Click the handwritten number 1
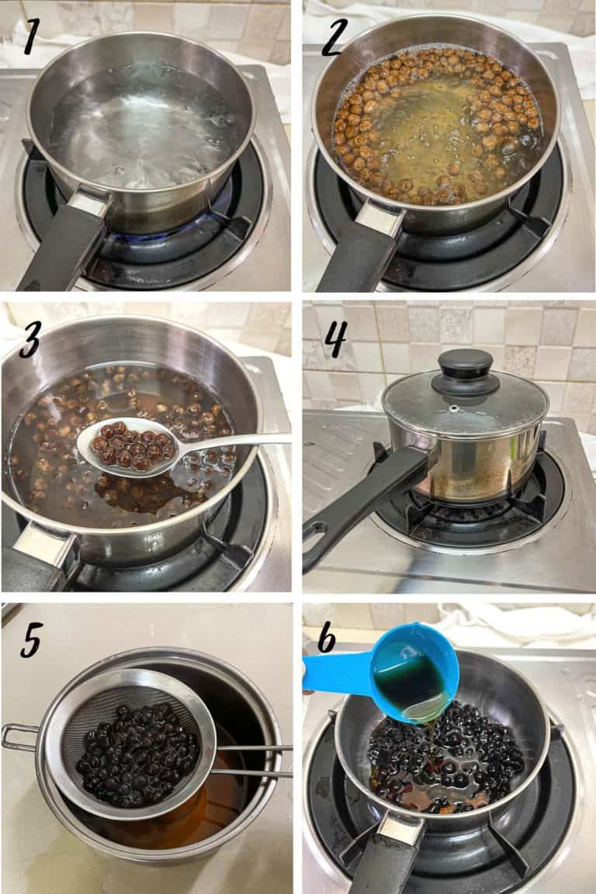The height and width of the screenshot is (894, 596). pos(31,36)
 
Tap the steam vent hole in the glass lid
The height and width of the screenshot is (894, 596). pos(453,409)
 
